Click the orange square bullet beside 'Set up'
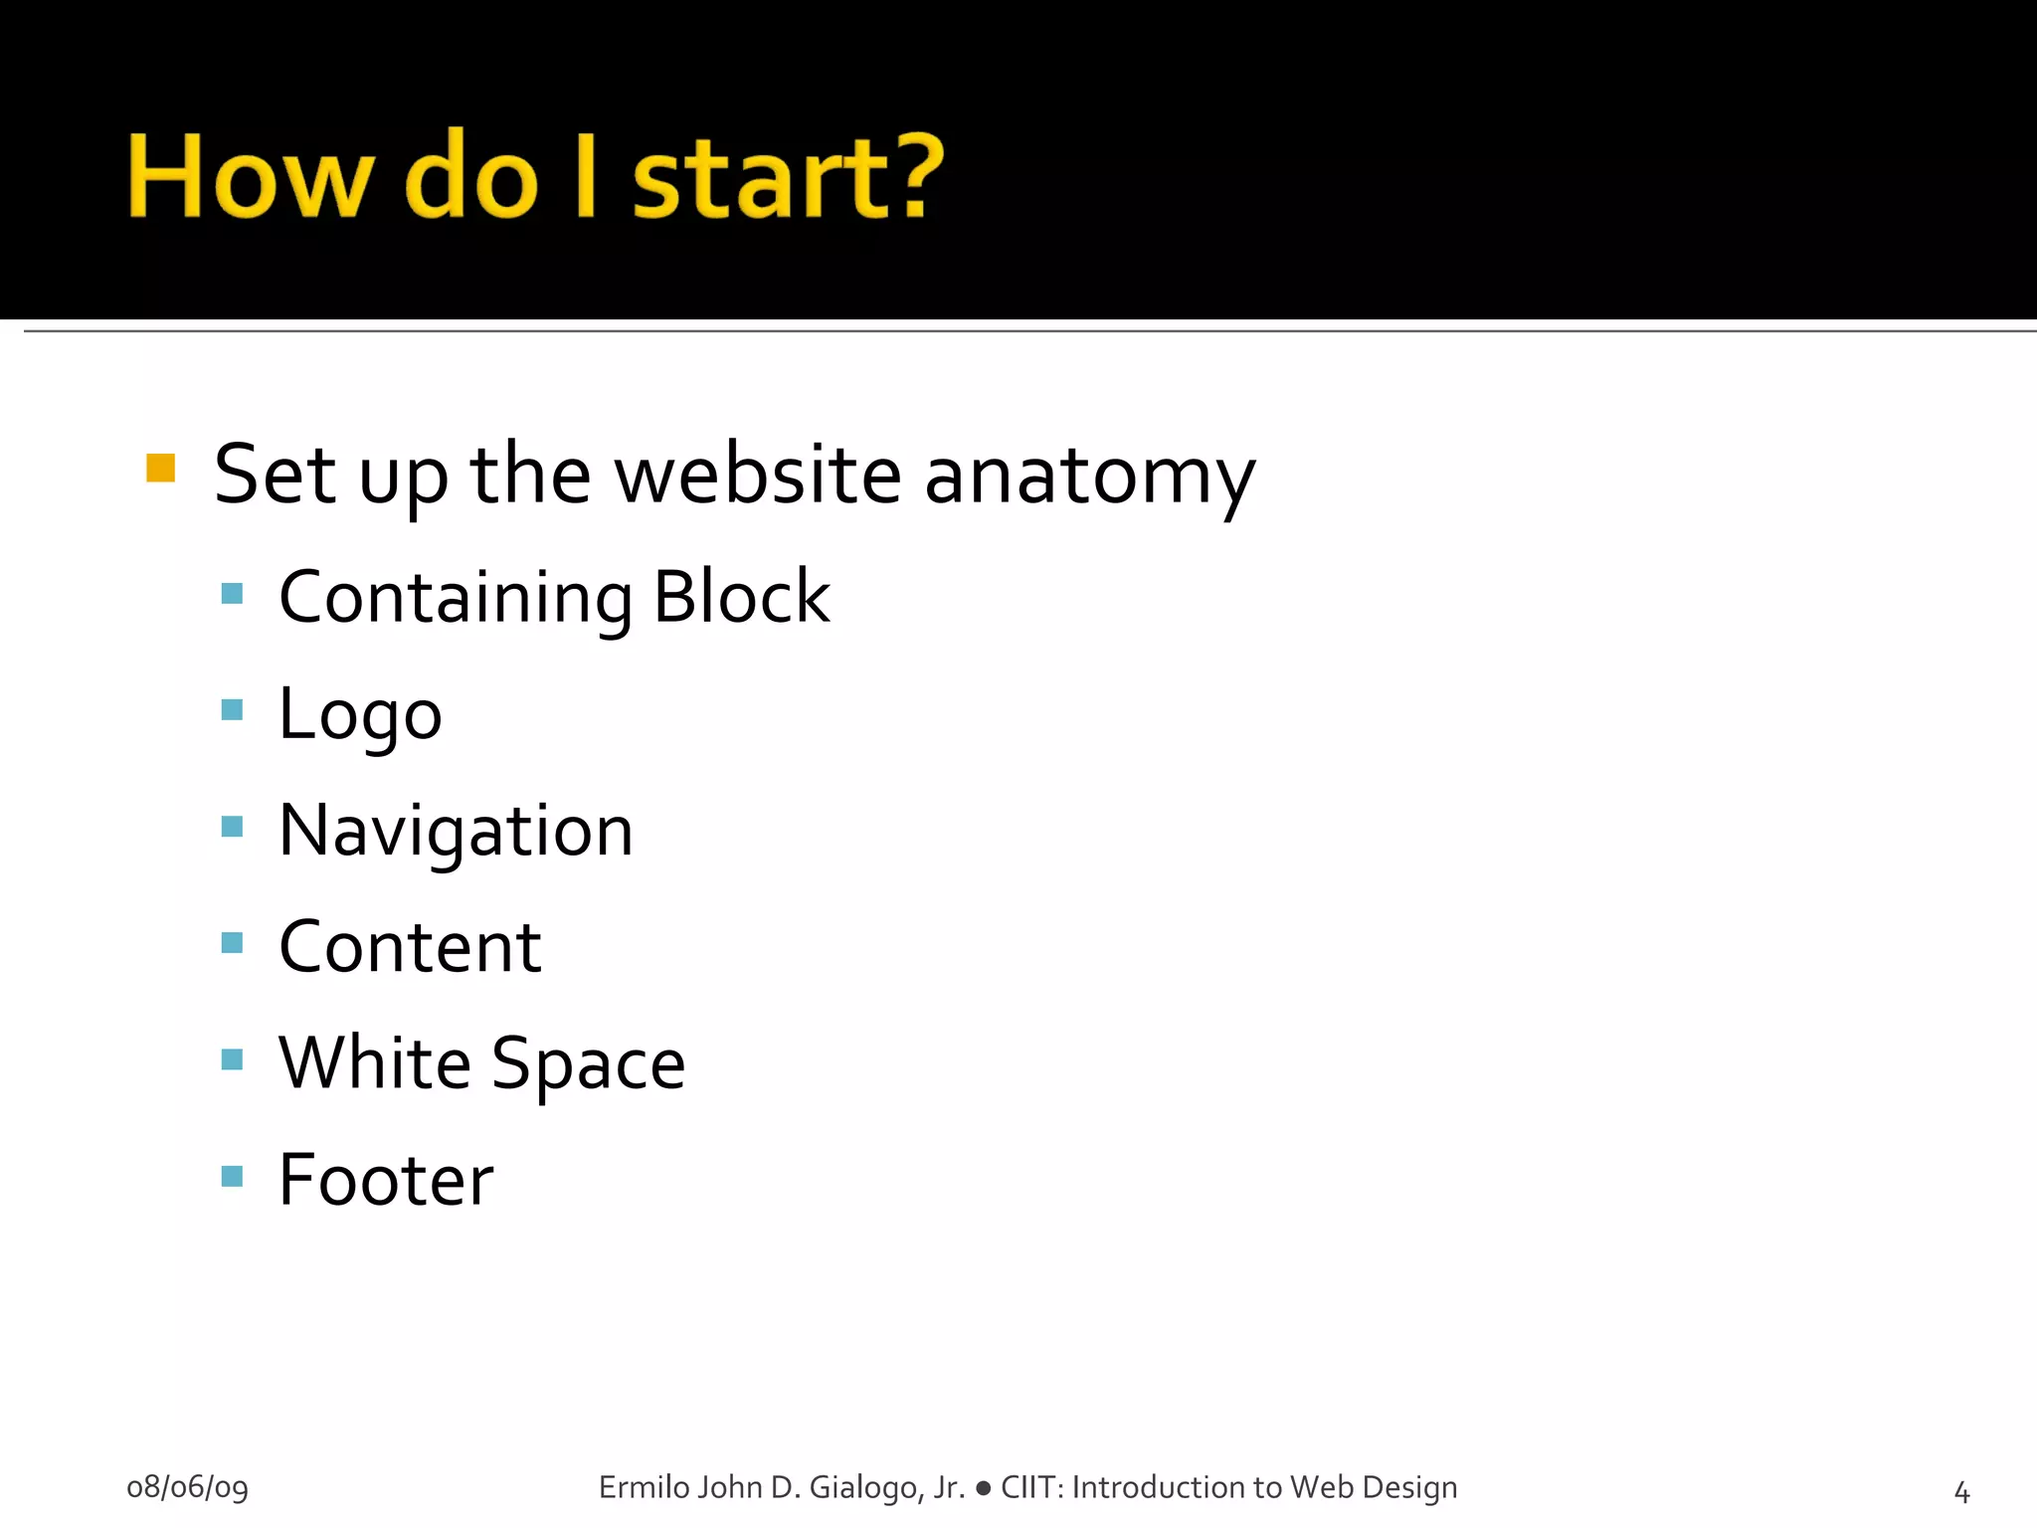click(160, 468)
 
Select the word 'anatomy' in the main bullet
click(1090, 476)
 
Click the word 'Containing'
click(456, 598)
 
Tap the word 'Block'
click(742, 597)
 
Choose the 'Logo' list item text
click(360, 715)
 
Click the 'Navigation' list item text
click(456, 832)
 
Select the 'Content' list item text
click(410, 947)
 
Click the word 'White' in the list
click(374, 1062)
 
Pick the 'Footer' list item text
click(386, 1180)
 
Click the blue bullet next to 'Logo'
click(232, 709)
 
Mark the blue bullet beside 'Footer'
click(232, 1176)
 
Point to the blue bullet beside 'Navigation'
click(232, 826)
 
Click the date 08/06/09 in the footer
click(187, 1487)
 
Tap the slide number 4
click(1961, 1491)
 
